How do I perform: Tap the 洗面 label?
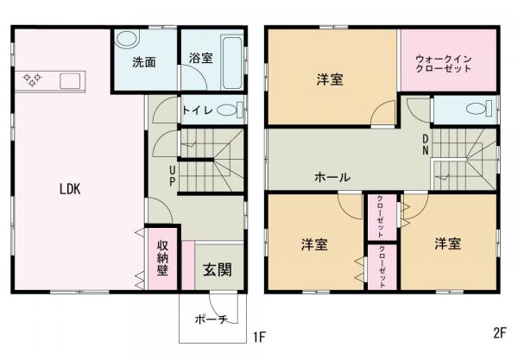click(142, 62)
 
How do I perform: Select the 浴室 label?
click(200, 59)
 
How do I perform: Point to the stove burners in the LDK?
click(34, 81)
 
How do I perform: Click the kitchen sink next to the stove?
click(69, 82)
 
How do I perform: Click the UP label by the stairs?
click(173, 175)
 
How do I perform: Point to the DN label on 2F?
click(426, 143)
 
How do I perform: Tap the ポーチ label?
click(211, 319)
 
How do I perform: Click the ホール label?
click(332, 177)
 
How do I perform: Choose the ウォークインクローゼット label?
click(444, 62)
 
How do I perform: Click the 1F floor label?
click(258, 333)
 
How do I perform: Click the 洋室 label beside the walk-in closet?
click(330, 80)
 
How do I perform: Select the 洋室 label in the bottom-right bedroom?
click(448, 243)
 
